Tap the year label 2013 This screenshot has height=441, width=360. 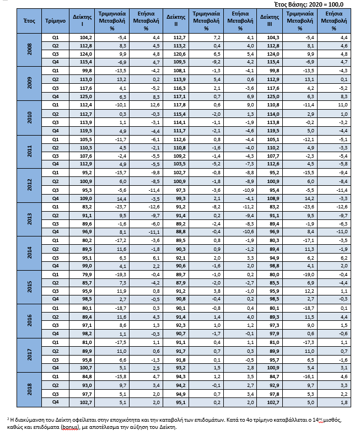coord(30,218)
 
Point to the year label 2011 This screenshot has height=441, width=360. coord(30,152)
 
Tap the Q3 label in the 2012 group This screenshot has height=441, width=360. coord(55,190)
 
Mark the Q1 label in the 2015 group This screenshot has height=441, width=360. coord(55,274)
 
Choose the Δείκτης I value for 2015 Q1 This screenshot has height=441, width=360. coord(84,274)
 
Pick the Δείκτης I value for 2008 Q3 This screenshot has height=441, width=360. coord(84,55)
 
